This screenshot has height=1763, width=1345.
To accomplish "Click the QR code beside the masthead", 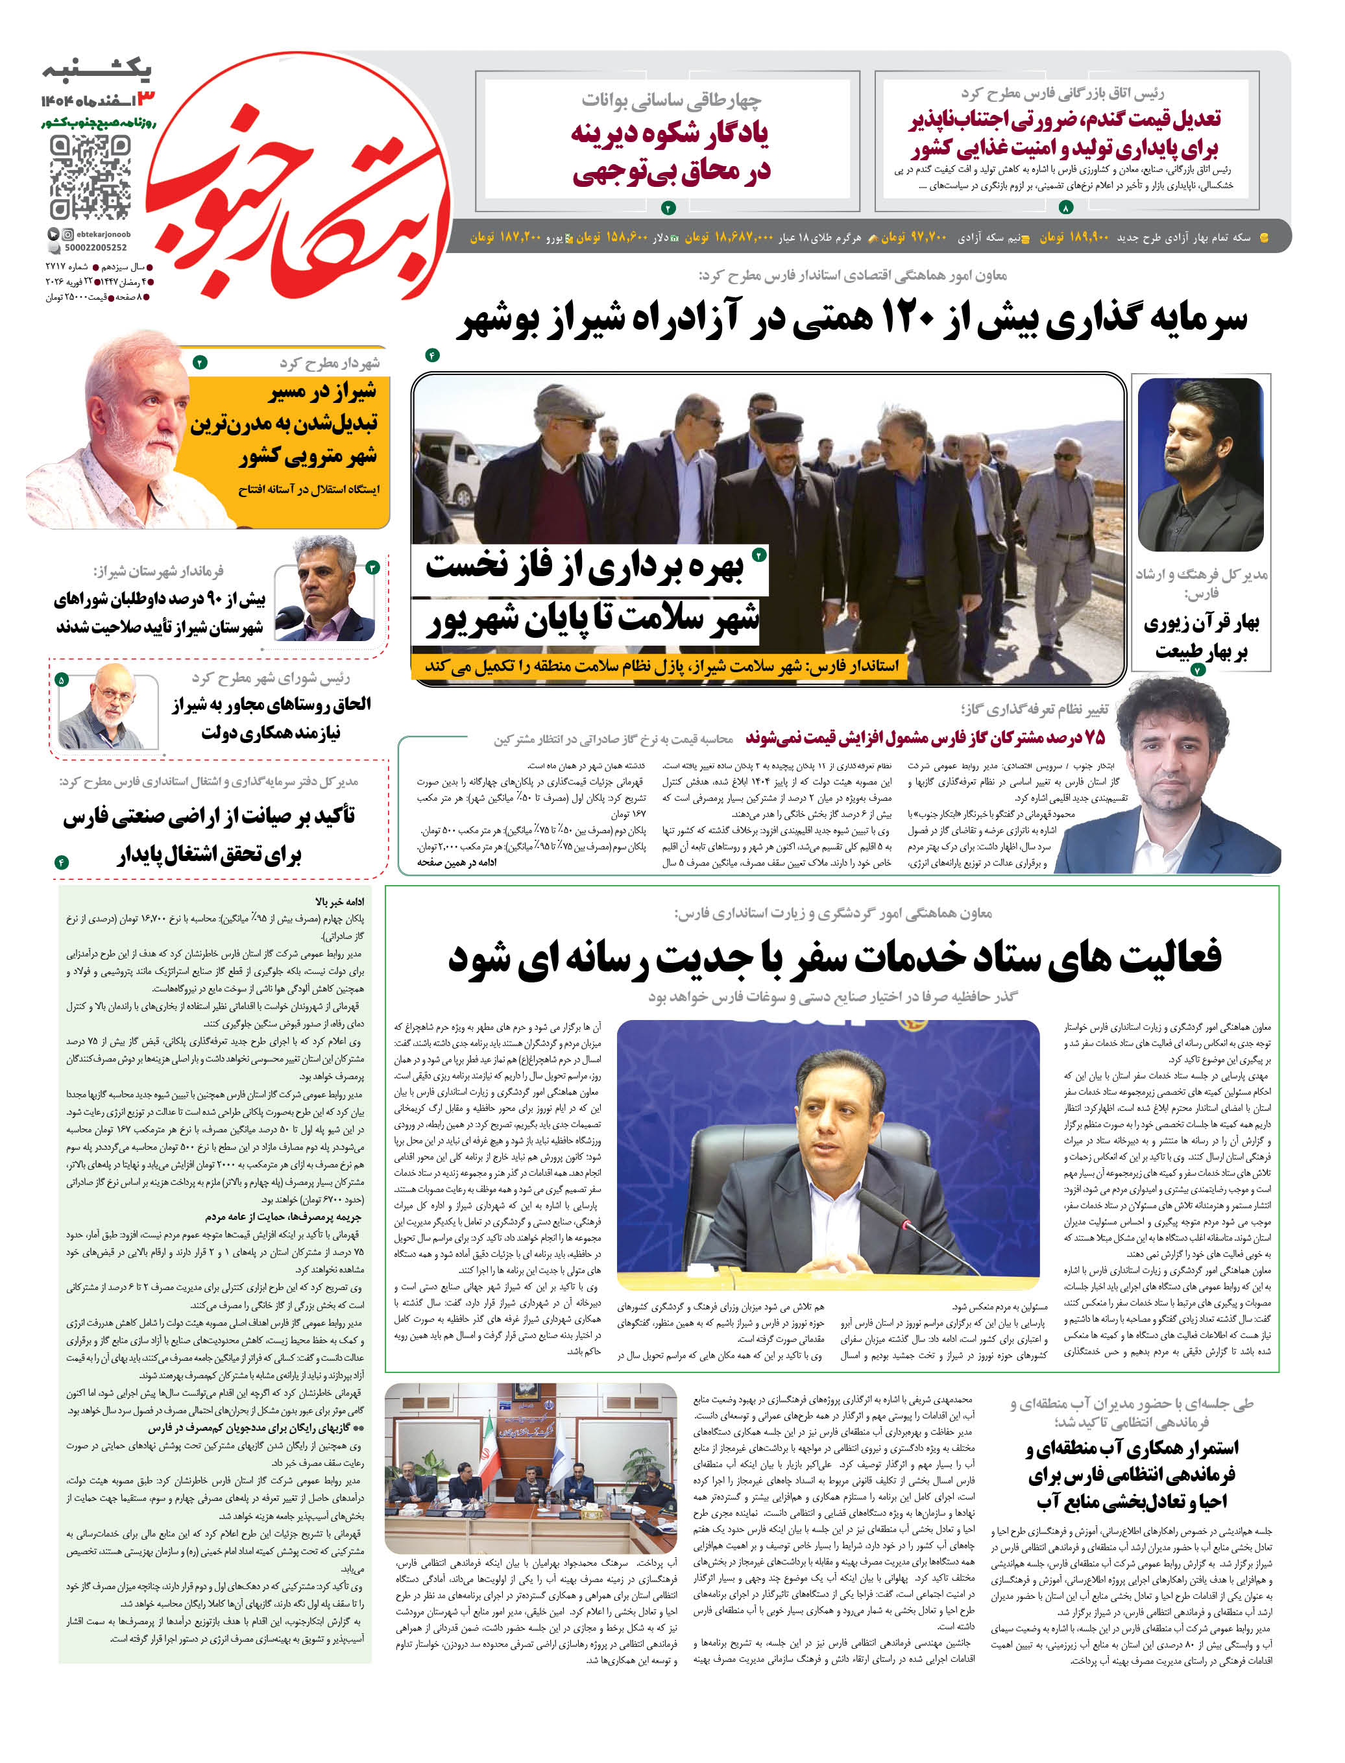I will pos(89,177).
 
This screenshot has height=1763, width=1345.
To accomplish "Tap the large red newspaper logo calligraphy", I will pos(297,184).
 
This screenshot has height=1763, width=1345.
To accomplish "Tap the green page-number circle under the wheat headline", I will pos(1065,208).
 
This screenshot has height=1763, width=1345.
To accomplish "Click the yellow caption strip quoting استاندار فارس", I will pos(661,666).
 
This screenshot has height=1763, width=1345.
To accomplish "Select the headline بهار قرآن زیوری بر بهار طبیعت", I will pos(1200,637).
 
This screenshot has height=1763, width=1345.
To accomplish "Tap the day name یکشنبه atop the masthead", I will pos(97,71).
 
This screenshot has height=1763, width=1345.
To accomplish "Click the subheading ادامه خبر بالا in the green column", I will pos(340,903).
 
